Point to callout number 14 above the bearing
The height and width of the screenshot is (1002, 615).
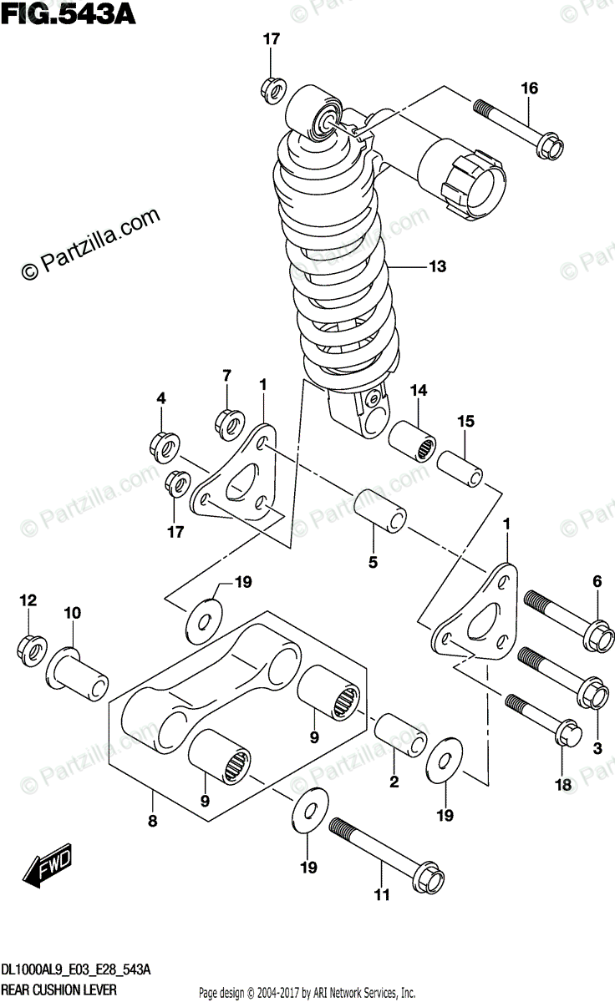pyautogui.click(x=418, y=390)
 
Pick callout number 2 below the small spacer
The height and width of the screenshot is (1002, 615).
pyautogui.click(x=394, y=782)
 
